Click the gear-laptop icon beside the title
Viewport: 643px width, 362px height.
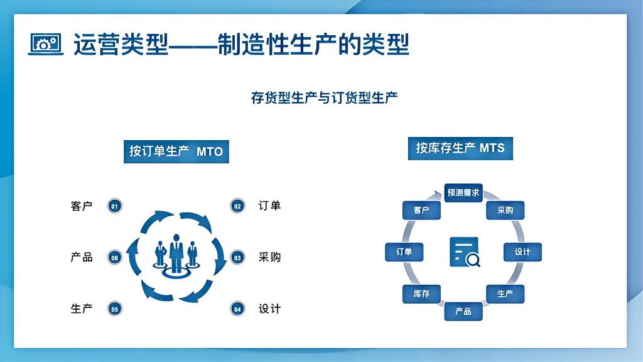(46, 44)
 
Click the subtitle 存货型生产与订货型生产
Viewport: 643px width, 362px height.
(324, 98)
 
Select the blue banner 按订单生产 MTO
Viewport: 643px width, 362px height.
(176, 151)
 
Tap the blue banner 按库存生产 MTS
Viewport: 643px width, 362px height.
(460, 148)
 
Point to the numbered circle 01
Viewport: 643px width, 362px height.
(115, 206)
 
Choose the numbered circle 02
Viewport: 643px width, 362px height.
(237, 206)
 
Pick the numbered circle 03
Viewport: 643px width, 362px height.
(237, 257)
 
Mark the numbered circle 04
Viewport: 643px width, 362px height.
(237, 309)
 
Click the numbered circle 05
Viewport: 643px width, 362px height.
(115, 309)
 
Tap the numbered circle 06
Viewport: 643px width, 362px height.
(115, 257)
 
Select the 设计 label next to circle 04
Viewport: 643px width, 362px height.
(269, 309)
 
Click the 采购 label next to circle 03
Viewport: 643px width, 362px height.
(269, 257)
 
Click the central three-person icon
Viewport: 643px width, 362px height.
(176, 255)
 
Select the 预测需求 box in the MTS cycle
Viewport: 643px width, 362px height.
(463, 193)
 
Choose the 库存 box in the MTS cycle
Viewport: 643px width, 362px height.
(421, 293)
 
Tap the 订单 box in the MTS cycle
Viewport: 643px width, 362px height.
(404, 252)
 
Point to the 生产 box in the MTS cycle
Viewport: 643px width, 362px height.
(505, 293)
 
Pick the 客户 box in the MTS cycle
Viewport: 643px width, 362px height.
(421, 211)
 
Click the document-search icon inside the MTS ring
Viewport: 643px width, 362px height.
(465, 252)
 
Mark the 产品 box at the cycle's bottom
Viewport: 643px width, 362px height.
(463, 311)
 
